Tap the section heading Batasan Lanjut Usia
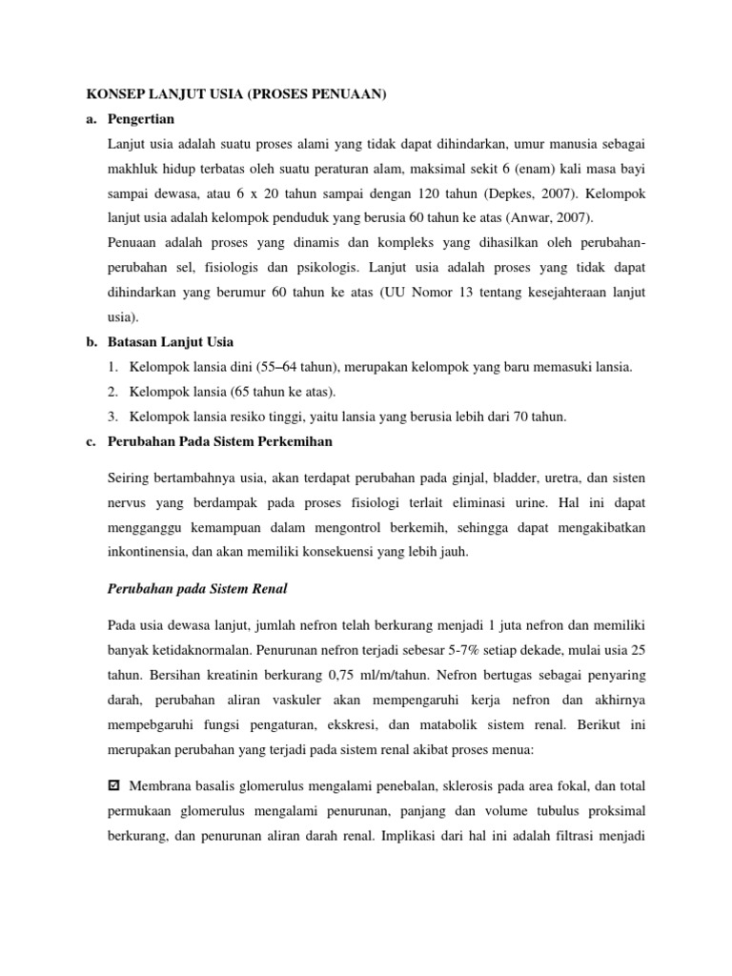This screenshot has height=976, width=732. pyautogui.click(x=172, y=342)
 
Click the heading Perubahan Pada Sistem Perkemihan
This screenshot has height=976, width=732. pyautogui.click(x=221, y=441)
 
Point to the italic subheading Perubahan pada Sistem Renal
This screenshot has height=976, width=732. pyautogui.click(x=197, y=588)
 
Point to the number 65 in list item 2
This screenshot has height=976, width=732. pyautogui.click(x=231, y=392)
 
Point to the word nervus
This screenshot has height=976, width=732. pyautogui.click(x=131, y=500)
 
